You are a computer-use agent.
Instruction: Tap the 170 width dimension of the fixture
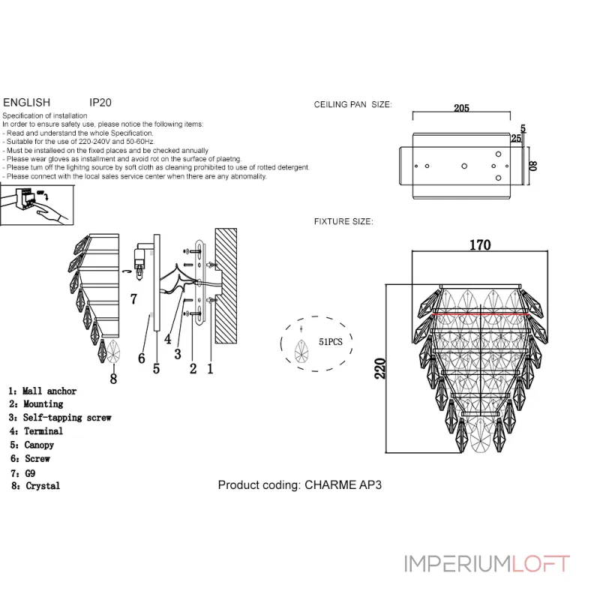point(480,245)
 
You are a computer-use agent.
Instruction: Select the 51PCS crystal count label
point(331,340)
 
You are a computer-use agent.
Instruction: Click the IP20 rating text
point(100,102)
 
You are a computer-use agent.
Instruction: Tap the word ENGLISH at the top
point(27,102)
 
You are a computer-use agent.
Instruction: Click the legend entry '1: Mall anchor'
point(42,391)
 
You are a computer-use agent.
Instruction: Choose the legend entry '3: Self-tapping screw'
point(60,418)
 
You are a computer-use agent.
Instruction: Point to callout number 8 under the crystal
point(113,379)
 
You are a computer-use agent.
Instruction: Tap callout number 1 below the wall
point(211,369)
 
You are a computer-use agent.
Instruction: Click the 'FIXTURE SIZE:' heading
point(343,222)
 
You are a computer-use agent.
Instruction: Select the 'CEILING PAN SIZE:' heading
point(352,106)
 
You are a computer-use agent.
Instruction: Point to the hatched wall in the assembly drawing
point(226,286)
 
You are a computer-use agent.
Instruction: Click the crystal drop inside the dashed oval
point(302,349)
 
